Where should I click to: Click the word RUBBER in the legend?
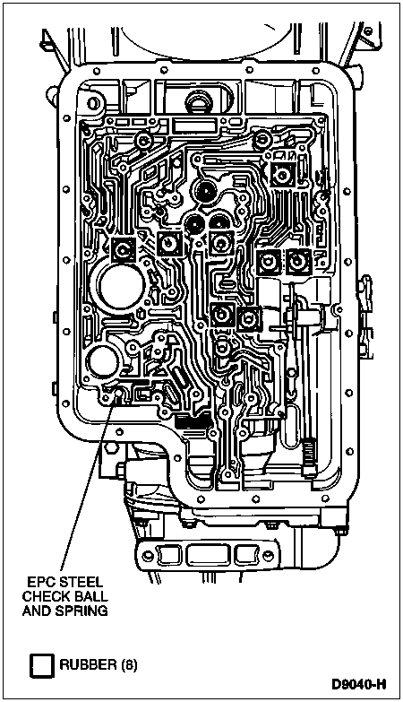(x=88, y=664)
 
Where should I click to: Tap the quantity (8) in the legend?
(x=128, y=664)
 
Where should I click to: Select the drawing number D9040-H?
(x=359, y=685)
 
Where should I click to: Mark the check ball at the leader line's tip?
(x=119, y=393)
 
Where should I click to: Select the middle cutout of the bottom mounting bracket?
(x=207, y=555)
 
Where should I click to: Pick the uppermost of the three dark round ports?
(x=206, y=194)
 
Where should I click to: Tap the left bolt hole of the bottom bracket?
(x=146, y=556)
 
